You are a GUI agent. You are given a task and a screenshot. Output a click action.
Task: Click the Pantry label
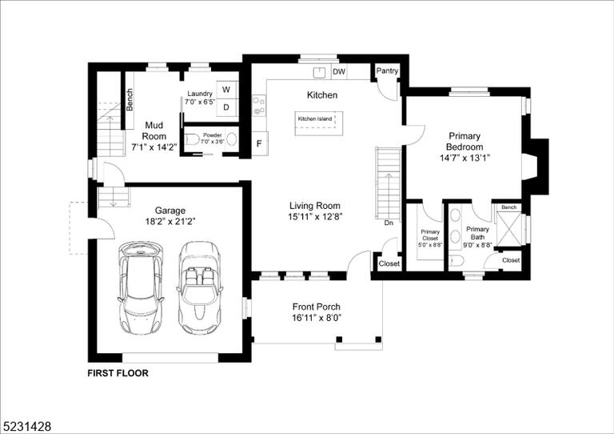pyautogui.click(x=387, y=71)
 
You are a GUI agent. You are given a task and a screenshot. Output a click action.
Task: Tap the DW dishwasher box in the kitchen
pyautogui.click(x=339, y=72)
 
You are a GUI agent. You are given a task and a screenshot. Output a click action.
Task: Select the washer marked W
pyautogui.click(x=226, y=90)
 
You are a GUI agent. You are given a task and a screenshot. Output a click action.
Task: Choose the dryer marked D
pyautogui.click(x=226, y=107)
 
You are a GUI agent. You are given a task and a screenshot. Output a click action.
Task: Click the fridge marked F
pyautogui.click(x=259, y=144)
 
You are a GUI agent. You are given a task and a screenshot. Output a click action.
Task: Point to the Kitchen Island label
pyautogui.click(x=315, y=119)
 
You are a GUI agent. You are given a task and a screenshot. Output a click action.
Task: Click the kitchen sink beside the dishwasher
pyautogui.click(x=320, y=72)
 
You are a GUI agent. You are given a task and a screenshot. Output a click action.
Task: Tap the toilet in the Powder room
pyautogui.click(x=192, y=139)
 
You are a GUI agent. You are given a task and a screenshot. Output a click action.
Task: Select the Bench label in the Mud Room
pyautogui.click(x=130, y=99)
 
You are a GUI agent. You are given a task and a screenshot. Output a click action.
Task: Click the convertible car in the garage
pyautogui.click(x=198, y=287)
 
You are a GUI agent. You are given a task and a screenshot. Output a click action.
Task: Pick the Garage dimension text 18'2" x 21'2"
pyautogui.click(x=170, y=222)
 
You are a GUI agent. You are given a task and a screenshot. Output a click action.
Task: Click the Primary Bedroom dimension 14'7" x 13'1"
pyautogui.click(x=464, y=158)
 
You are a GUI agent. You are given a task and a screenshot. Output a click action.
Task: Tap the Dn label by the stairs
pyautogui.click(x=389, y=223)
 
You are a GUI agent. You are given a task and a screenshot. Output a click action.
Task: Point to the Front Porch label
pyautogui.click(x=317, y=307)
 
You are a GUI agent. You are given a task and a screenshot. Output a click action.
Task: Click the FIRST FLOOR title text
pyautogui.click(x=118, y=373)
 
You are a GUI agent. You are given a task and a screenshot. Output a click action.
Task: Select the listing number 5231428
pyautogui.click(x=26, y=426)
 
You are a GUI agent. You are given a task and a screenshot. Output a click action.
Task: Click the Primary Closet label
pyautogui.click(x=430, y=235)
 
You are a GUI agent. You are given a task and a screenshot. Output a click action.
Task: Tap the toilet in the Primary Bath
pyautogui.click(x=457, y=260)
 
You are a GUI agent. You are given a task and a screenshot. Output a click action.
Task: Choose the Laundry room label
pyautogui.click(x=200, y=94)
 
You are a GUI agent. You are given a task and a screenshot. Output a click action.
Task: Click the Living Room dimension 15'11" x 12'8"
pyautogui.click(x=315, y=217)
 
